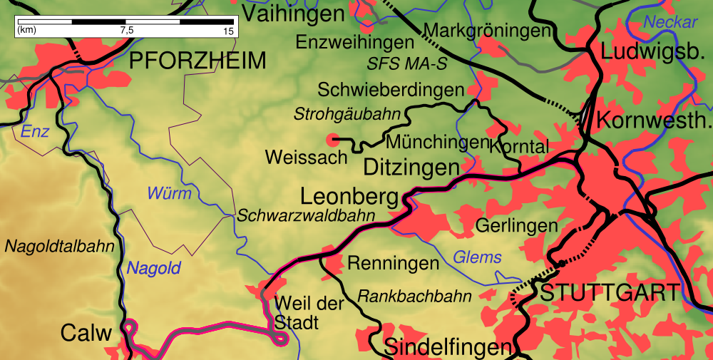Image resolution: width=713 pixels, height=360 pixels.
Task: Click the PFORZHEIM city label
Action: coord(198,61)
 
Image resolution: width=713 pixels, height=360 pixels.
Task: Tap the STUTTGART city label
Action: coord(610,293)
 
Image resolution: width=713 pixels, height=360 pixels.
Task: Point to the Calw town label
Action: coord(87,333)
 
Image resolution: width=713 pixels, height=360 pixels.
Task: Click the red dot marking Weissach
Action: coord(332,138)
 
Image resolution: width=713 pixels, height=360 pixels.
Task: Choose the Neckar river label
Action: coord(670,22)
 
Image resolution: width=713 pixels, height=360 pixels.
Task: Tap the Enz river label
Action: coord(35,132)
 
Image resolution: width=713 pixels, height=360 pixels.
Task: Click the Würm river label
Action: coord(169,193)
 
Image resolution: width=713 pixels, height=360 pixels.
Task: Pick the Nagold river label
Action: coord(154,269)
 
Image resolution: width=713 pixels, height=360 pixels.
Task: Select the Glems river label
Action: coord(477,257)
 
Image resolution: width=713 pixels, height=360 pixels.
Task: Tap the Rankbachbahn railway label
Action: coord(404,295)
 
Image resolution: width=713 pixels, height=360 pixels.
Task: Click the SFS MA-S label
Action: coord(407,63)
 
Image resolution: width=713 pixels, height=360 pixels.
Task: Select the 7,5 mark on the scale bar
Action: coord(127,31)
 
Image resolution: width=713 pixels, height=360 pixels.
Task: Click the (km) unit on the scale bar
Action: coord(27,31)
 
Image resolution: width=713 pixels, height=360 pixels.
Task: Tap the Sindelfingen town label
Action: coord(448,347)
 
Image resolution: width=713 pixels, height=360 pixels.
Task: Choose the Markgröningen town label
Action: coord(488,31)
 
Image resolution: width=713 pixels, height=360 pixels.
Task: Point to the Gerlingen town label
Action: coord(516,226)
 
